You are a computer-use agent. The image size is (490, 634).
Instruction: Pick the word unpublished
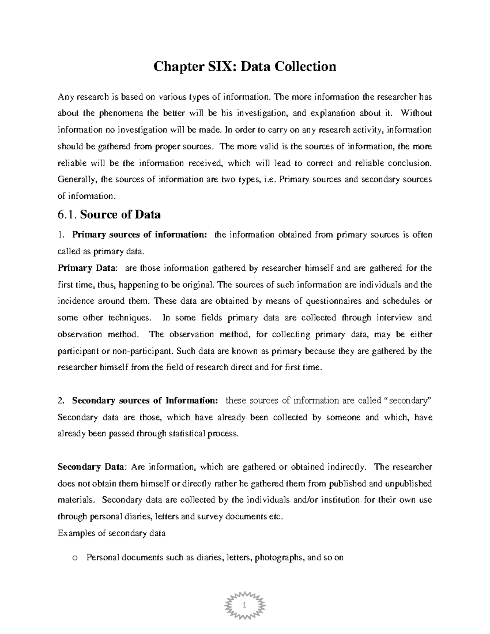coord(408,484)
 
